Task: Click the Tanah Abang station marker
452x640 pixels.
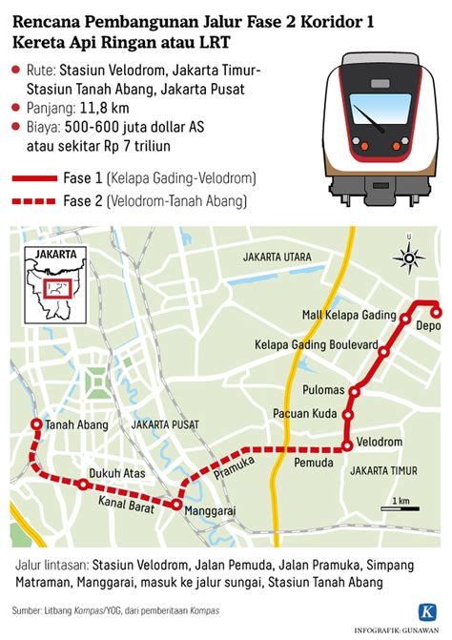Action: click(37, 425)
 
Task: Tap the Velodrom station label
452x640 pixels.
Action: click(379, 444)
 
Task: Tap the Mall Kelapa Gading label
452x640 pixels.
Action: click(348, 316)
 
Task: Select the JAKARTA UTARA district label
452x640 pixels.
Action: click(277, 258)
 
